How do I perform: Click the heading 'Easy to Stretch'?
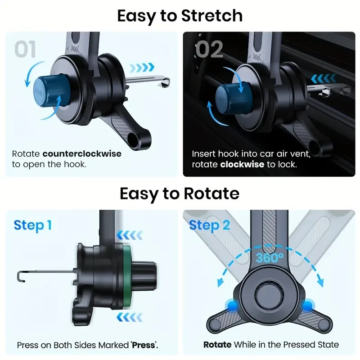(x=180, y=15)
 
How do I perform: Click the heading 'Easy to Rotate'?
(x=180, y=193)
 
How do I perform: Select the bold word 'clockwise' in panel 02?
(x=242, y=165)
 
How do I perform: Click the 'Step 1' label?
(x=32, y=225)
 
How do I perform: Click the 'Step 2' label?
(x=209, y=225)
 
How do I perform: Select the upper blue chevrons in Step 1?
(x=130, y=234)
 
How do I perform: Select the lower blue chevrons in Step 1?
(x=130, y=318)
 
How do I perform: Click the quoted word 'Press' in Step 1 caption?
(x=144, y=346)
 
